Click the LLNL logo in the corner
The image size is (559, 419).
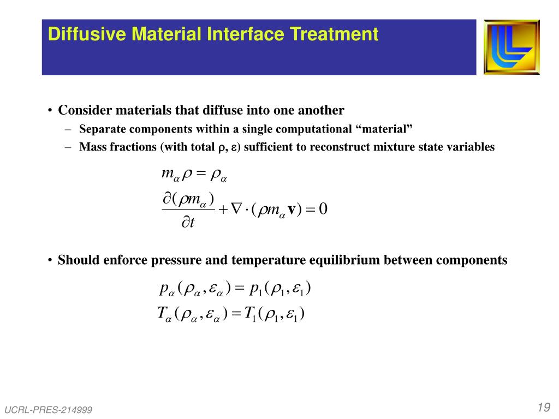pos(512,47)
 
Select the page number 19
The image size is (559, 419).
pos(543,408)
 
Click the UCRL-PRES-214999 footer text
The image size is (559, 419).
pos(49,410)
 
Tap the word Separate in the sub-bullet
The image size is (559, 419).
pos(102,129)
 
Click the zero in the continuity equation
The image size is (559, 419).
pos(323,209)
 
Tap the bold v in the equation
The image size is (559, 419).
pos(292,210)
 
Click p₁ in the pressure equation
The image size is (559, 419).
pos(257,288)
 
